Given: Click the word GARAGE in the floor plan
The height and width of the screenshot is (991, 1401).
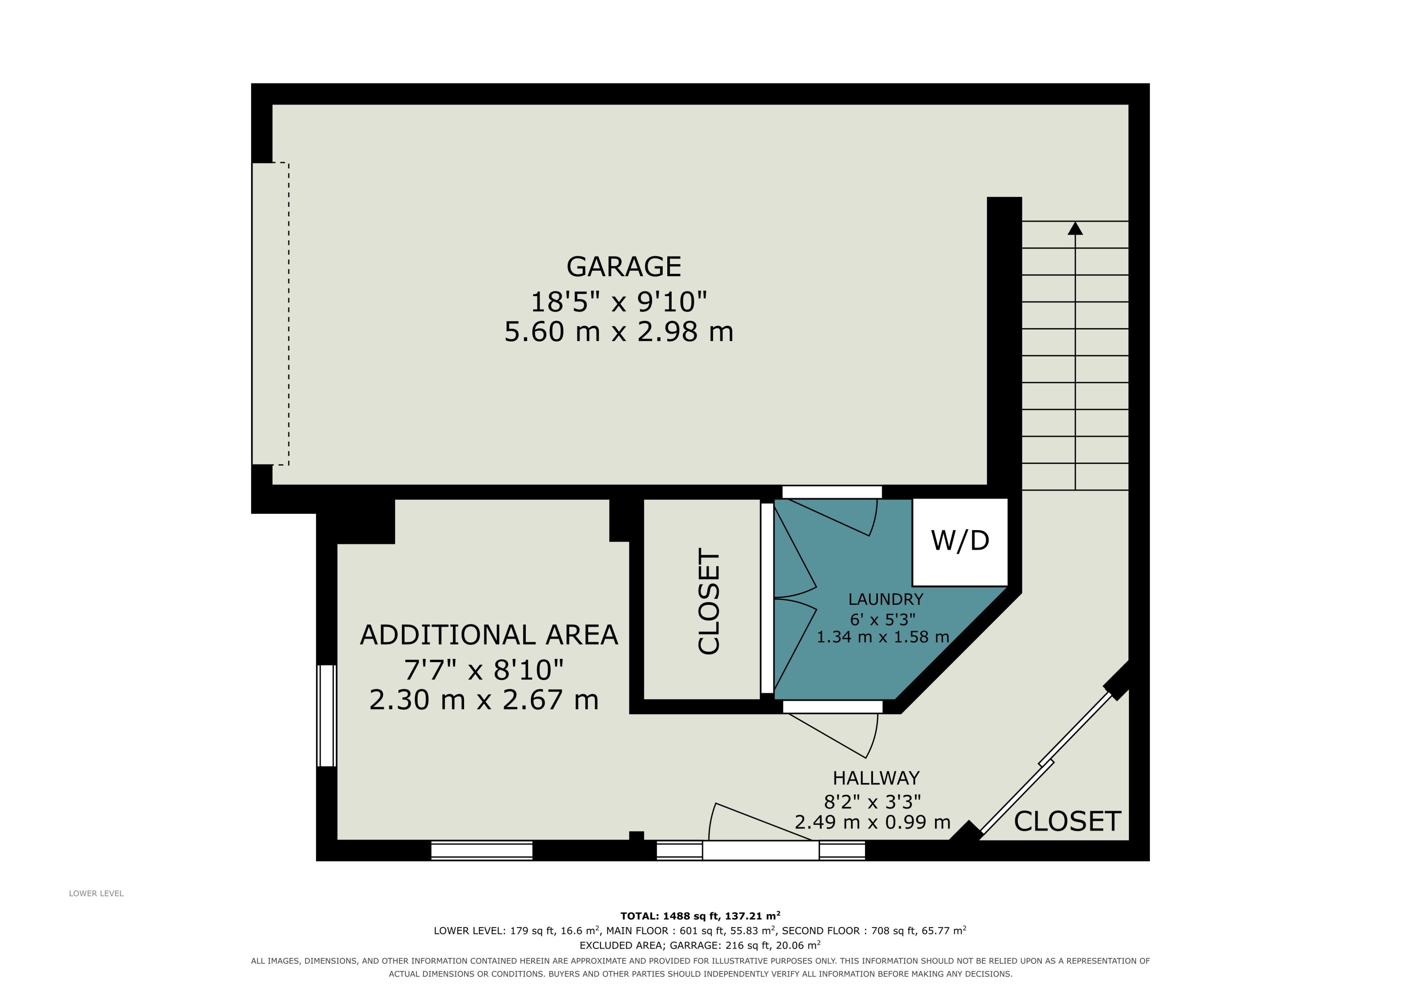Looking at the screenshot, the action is tap(624, 267).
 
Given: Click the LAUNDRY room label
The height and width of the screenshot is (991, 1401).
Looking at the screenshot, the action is tap(885, 599).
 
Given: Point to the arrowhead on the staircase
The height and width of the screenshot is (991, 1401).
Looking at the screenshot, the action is tap(1075, 228).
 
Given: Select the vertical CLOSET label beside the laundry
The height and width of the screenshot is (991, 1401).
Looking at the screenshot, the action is tap(709, 601).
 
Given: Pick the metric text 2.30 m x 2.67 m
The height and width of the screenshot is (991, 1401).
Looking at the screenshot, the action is tap(484, 699).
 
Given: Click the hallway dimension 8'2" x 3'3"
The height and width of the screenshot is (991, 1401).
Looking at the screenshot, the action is tap(873, 801).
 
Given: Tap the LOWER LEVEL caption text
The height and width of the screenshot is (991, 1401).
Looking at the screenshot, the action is tap(96, 893).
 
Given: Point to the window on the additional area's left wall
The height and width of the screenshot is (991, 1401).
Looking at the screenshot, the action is tap(327, 715).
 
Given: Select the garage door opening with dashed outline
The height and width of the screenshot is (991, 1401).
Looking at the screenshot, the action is tap(270, 314).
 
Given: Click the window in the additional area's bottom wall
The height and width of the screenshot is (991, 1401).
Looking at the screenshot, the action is tap(482, 850).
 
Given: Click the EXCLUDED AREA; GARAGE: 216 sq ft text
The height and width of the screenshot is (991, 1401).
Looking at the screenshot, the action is tap(700, 945).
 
